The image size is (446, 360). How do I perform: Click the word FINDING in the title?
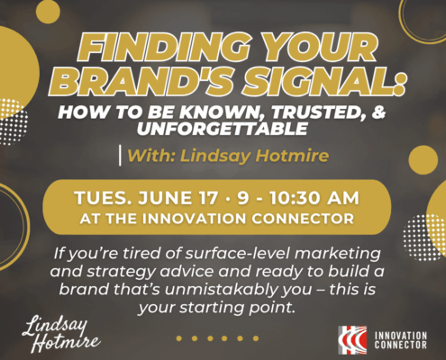[x=165, y=48]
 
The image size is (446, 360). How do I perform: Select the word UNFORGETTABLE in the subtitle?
[x=223, y=129]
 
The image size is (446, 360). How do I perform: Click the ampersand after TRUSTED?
[x=378, y=112]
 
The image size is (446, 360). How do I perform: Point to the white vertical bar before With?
[x=120, y=156]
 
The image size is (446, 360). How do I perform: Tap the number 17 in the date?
[x=207, y=198]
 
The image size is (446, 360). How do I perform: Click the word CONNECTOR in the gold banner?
[x=303, y=219]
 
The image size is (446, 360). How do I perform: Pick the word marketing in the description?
[x=338, y=254]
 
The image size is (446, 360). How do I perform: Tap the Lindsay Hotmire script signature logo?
[x=61, y=334]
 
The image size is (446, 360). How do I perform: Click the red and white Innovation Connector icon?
[x=352, y=340]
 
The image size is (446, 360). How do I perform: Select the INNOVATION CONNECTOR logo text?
[x=400, y=340]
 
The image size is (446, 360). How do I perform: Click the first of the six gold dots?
[x=179, y=338]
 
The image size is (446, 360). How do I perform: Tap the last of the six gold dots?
[x=256, y=338]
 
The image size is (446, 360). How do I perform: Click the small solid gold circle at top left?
[x=48, y=12]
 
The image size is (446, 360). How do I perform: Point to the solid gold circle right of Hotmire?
[x=423, y=160]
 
